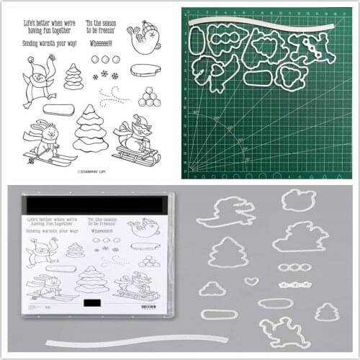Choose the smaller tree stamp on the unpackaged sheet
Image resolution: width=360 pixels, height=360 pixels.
[x=73, y=76]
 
